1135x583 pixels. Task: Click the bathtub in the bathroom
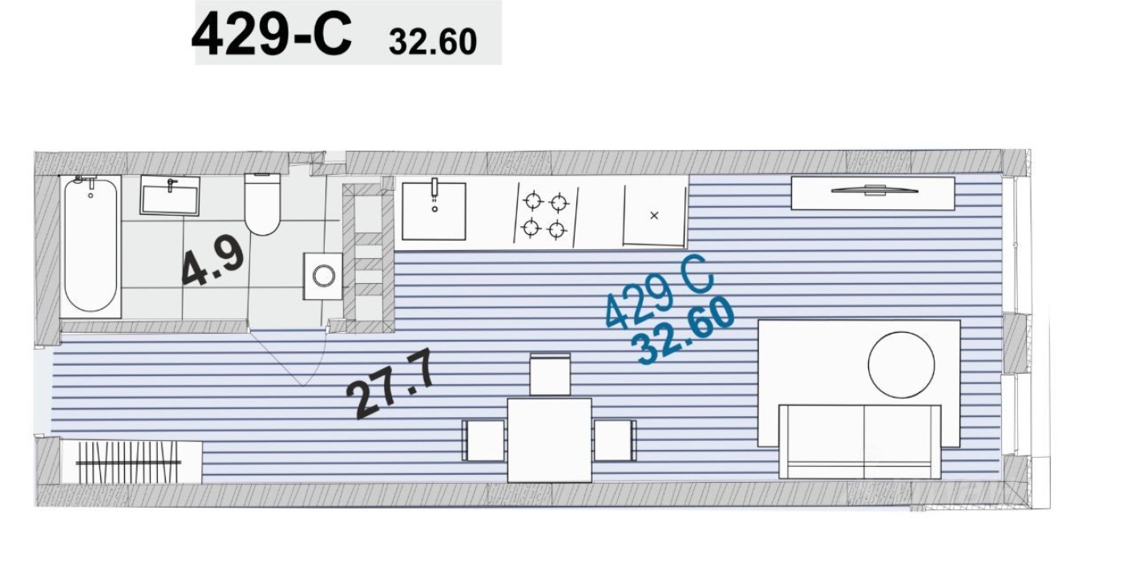pos(91,245)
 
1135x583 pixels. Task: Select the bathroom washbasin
pos(170,196)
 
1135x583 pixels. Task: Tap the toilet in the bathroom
pos(261,205)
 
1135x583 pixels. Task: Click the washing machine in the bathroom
pos(323,276)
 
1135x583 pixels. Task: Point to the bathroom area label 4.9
pos(212,264)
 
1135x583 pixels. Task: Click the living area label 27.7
pos(392,387)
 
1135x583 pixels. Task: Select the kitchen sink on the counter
pos(434,211)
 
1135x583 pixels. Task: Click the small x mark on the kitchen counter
pos(654,215)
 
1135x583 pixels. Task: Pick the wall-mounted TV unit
pos(872,192)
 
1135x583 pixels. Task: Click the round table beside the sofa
pos(901,365)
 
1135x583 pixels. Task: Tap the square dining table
pos(550,439)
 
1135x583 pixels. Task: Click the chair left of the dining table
pos(484,440)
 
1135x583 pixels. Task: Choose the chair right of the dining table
pos(615,440)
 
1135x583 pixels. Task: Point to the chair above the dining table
pos(550,374)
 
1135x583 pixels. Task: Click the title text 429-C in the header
pos(271,35)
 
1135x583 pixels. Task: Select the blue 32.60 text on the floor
pos(683,330)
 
